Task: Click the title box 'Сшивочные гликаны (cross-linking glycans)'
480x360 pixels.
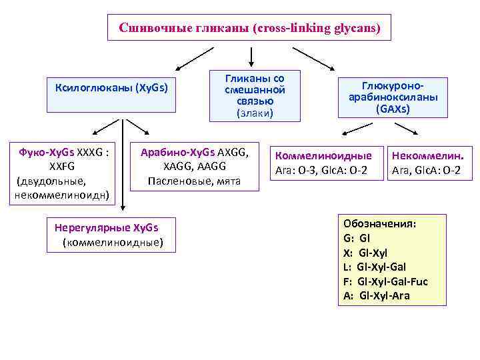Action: click(249, 28)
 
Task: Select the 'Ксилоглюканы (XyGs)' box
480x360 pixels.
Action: click(111, 88)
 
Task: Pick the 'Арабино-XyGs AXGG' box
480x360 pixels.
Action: click(194, 167)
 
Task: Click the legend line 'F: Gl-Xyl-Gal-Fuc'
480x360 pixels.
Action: click(385, 281)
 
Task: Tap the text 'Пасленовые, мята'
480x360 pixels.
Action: click(194, 181)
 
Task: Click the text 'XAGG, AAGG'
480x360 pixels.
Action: click(194, 166)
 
